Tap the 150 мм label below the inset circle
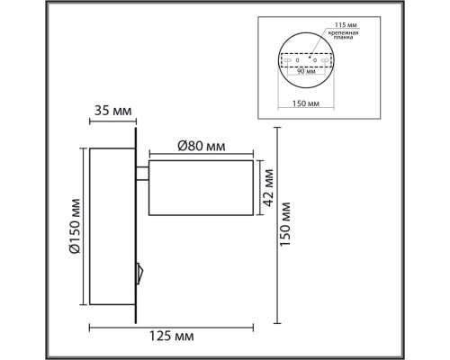click(308, 104)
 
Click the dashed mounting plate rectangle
click(308, 61)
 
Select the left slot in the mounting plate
click(289, 61)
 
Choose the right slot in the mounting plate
click(328, 61)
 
